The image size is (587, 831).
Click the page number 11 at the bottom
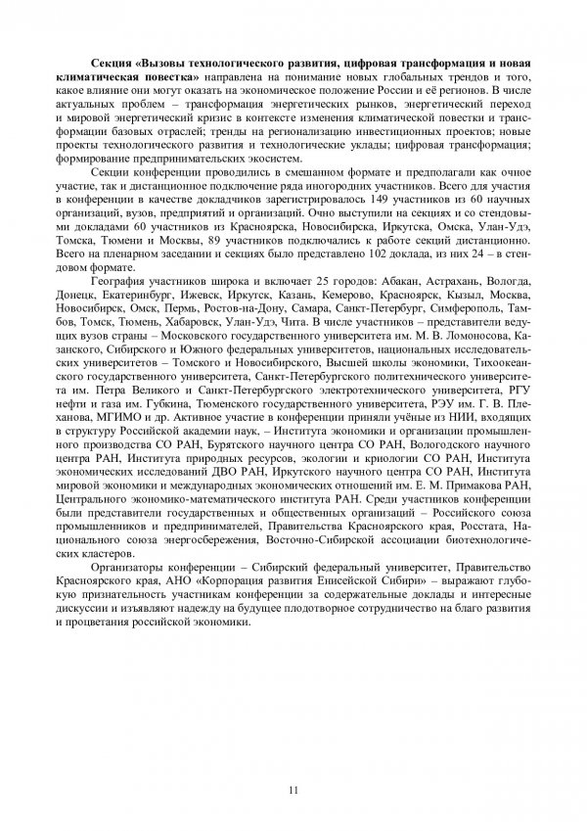[293, 792]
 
